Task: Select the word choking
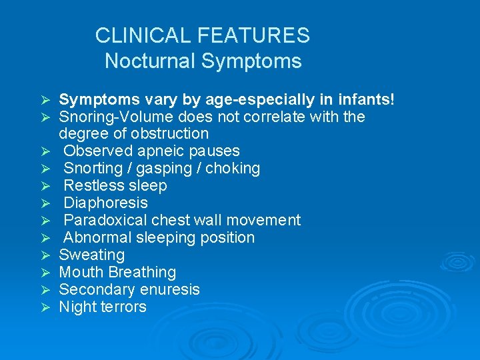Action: click(233, 169)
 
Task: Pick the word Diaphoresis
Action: click(105, 203)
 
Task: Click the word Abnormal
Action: click(97, 237)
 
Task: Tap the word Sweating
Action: click(91, 255)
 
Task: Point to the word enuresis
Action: click(168, 290)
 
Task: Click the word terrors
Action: click(123, 307)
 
